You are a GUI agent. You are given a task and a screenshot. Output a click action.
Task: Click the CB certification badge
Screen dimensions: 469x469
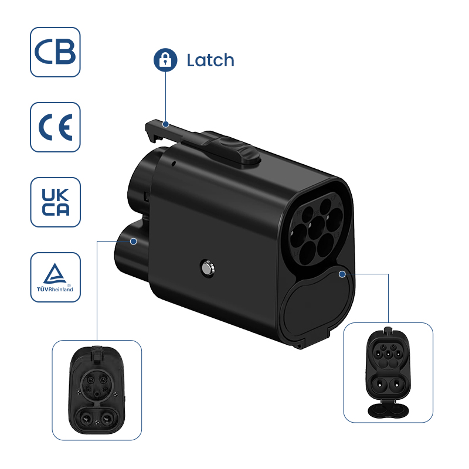pos(55,52)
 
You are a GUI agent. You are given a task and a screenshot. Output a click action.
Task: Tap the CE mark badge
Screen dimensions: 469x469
pos(55,127)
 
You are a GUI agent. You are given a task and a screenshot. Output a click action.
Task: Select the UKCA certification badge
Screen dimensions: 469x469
pos(55,202)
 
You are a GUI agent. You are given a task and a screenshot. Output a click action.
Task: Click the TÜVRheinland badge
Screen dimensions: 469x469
pos(55,277)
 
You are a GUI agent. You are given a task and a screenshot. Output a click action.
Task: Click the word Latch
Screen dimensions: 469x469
pos(210,60)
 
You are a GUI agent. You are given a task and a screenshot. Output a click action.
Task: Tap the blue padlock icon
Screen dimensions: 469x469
pos(165,60)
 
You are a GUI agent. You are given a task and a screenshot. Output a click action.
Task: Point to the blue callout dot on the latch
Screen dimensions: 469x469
pos(166,124)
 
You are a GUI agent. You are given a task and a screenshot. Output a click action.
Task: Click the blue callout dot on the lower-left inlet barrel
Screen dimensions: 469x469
pos(134,240)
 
